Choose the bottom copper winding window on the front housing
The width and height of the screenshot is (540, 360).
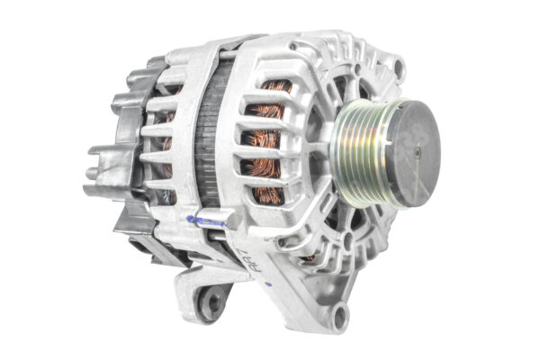[x=268, y=192]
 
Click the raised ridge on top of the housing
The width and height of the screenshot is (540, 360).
[x=225, y=45]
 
